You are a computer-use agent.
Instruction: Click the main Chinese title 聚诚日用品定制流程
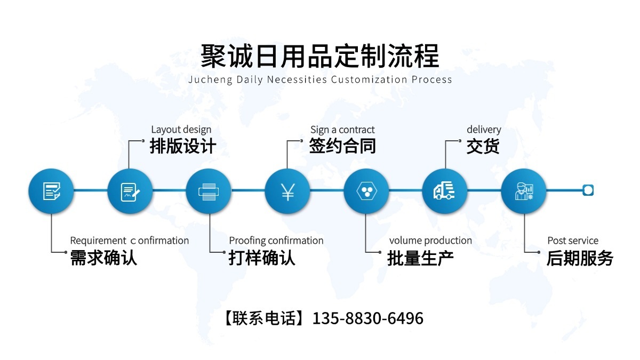tap(320, 56)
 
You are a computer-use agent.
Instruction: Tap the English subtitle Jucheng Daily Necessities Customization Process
tap(320, 80)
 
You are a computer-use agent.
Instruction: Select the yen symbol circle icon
tap(287, 191)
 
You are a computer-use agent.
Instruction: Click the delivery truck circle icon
tap(445, 191)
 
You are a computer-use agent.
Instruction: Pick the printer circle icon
tap(209, 191)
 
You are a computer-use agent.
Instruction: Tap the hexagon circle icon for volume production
tap(366, 191)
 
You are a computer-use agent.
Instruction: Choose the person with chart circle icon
tap(524, 191)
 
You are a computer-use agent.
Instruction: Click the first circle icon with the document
tap(51, 191)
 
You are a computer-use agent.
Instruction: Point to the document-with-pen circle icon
tap(130, 191)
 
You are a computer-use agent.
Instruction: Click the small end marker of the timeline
tap(588, 190)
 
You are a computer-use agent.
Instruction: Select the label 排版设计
tap(183, 146)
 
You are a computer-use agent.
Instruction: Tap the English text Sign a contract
tap(342, 130)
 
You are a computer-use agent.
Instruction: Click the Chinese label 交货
tap(483, 146)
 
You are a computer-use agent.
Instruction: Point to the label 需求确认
tap(103, 258)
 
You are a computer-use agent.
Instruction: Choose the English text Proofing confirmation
tap(276, 241)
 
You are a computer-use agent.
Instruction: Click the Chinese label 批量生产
tap(420, 258)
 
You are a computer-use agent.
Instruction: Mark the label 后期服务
tap(580, 258)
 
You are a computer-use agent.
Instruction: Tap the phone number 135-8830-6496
tap(367, 318)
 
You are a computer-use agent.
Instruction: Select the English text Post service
tap(573, 241)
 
